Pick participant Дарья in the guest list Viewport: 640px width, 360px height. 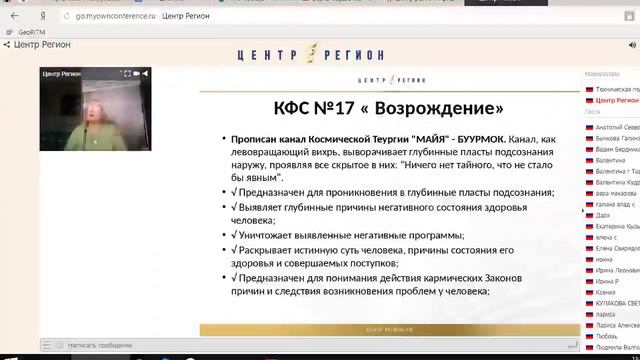point(602,215)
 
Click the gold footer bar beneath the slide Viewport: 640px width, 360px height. point(389,328)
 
